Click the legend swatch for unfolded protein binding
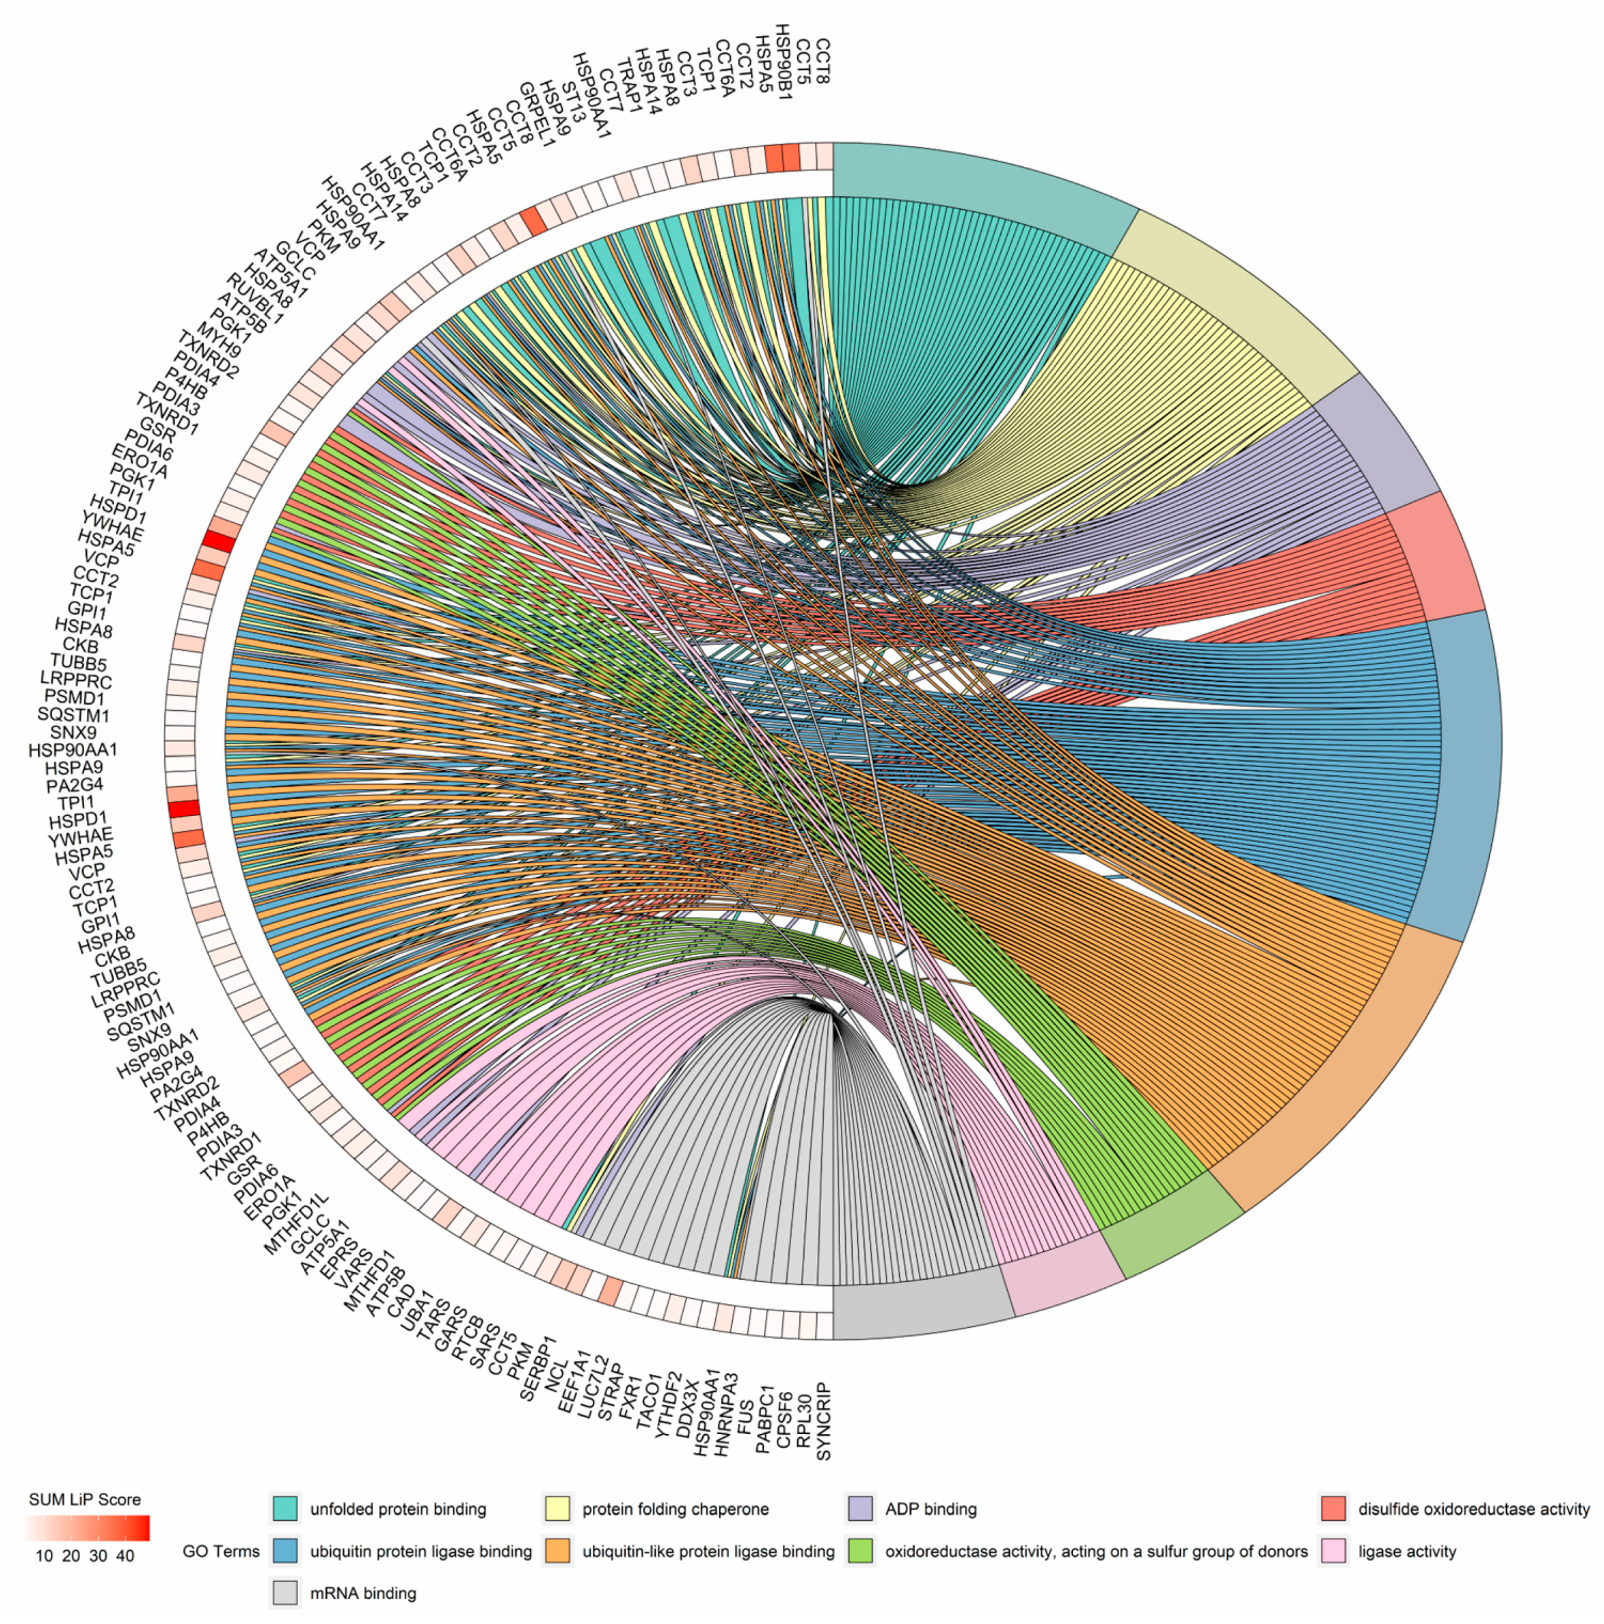pyautogui.click(x=285, y=1509)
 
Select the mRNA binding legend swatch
pyautogui.click(x=285, y=1593)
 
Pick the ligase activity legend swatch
pyautogui.click(x=1333, y=1551)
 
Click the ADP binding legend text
pyautogui.click(x=930, y=1509)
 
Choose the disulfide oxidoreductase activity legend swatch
pyautogui.click(x=1333, y=1509)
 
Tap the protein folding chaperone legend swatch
pyautogui.click(x=558, y=1509)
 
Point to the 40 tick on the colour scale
pyautogui.click(x=125, y=1556)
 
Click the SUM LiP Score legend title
pyautogui.click(x=85, y=1500)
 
